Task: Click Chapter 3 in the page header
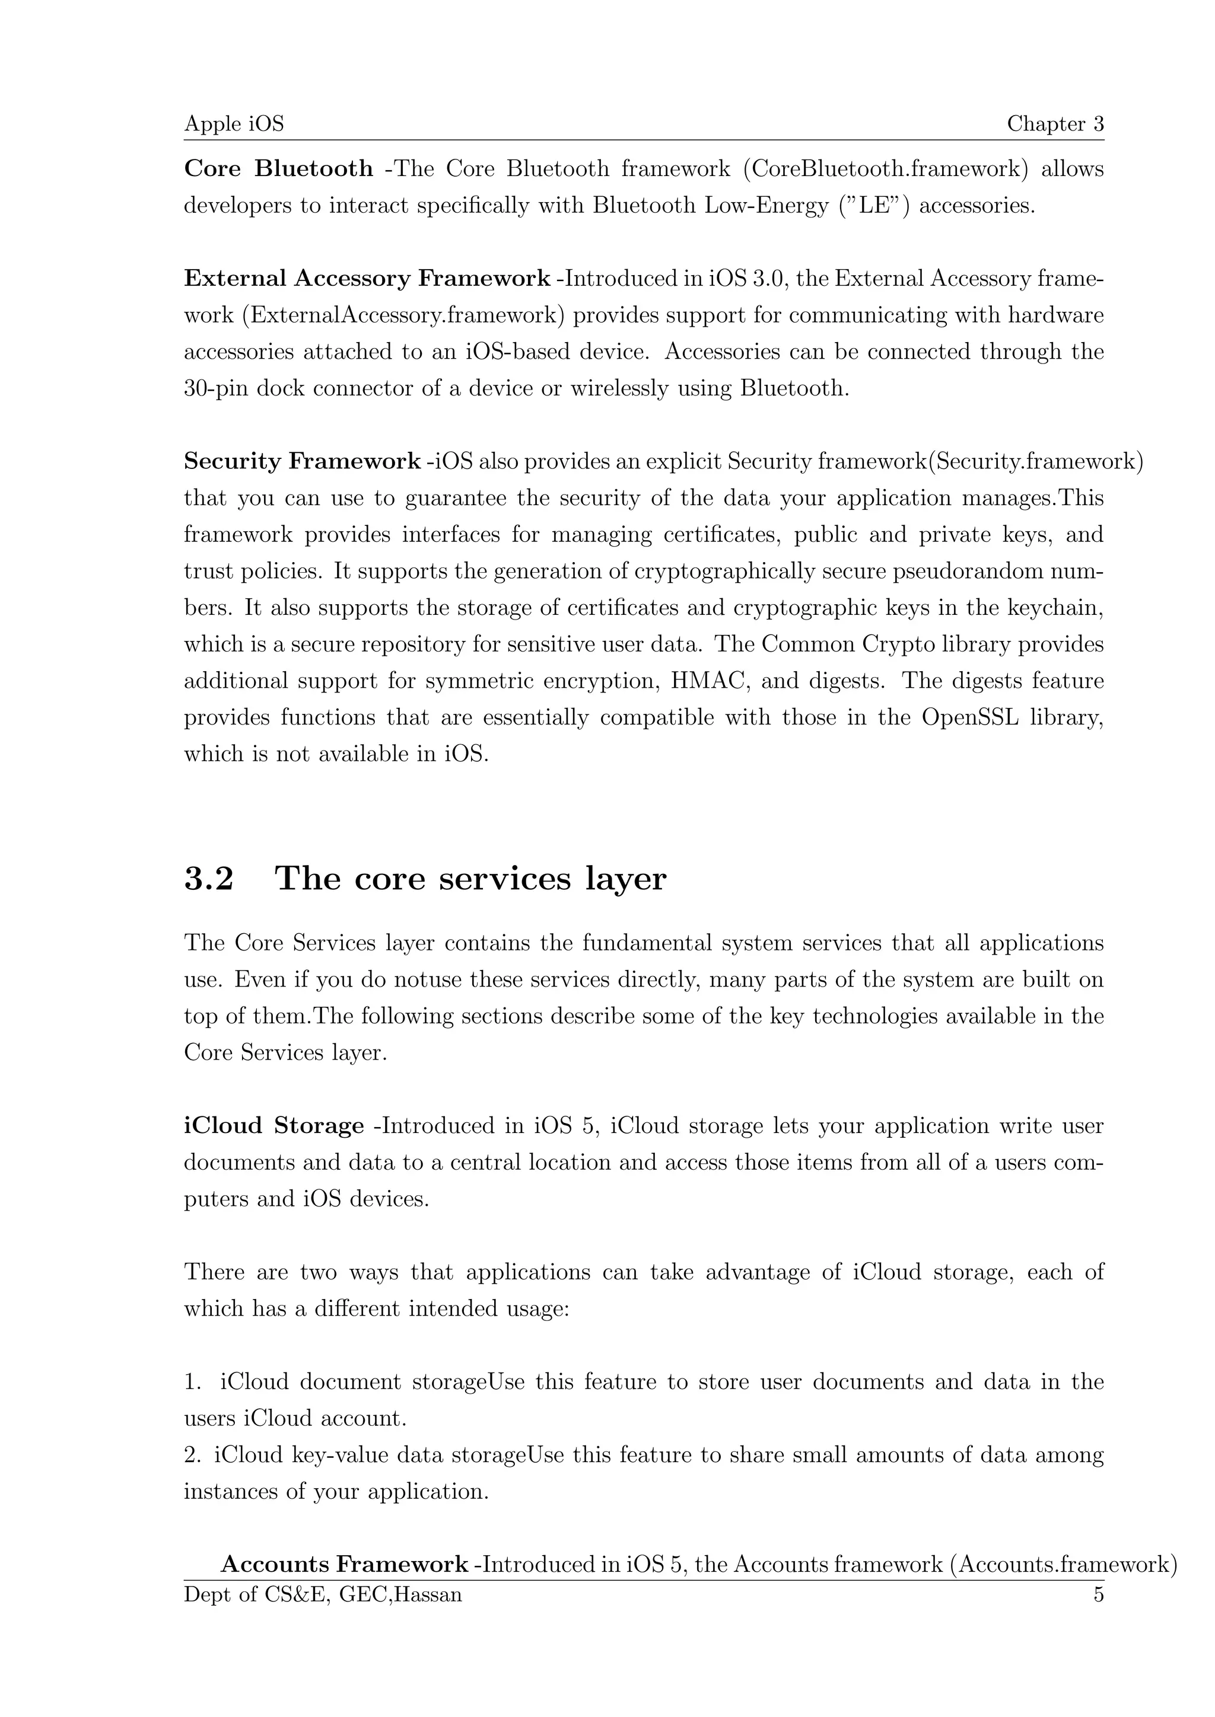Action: (1055, 123)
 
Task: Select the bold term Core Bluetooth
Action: (278, 169)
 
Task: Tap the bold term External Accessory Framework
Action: (367, 278)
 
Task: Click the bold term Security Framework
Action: (301, 461)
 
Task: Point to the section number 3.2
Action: (209, 879)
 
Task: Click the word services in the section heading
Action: (504, 879)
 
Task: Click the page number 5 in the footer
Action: (1098, 1594)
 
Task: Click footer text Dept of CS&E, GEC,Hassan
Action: (323, 1594)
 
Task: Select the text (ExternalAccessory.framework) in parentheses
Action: (403, 315)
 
